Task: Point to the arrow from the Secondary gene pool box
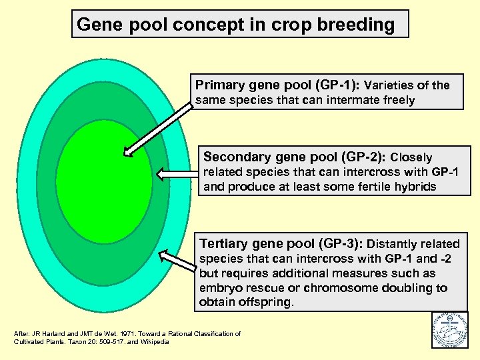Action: coord(176,174)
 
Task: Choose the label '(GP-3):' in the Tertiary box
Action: coord(338,243)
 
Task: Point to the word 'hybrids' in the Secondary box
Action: coord(414,187)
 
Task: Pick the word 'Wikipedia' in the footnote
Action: coord(155,342)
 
